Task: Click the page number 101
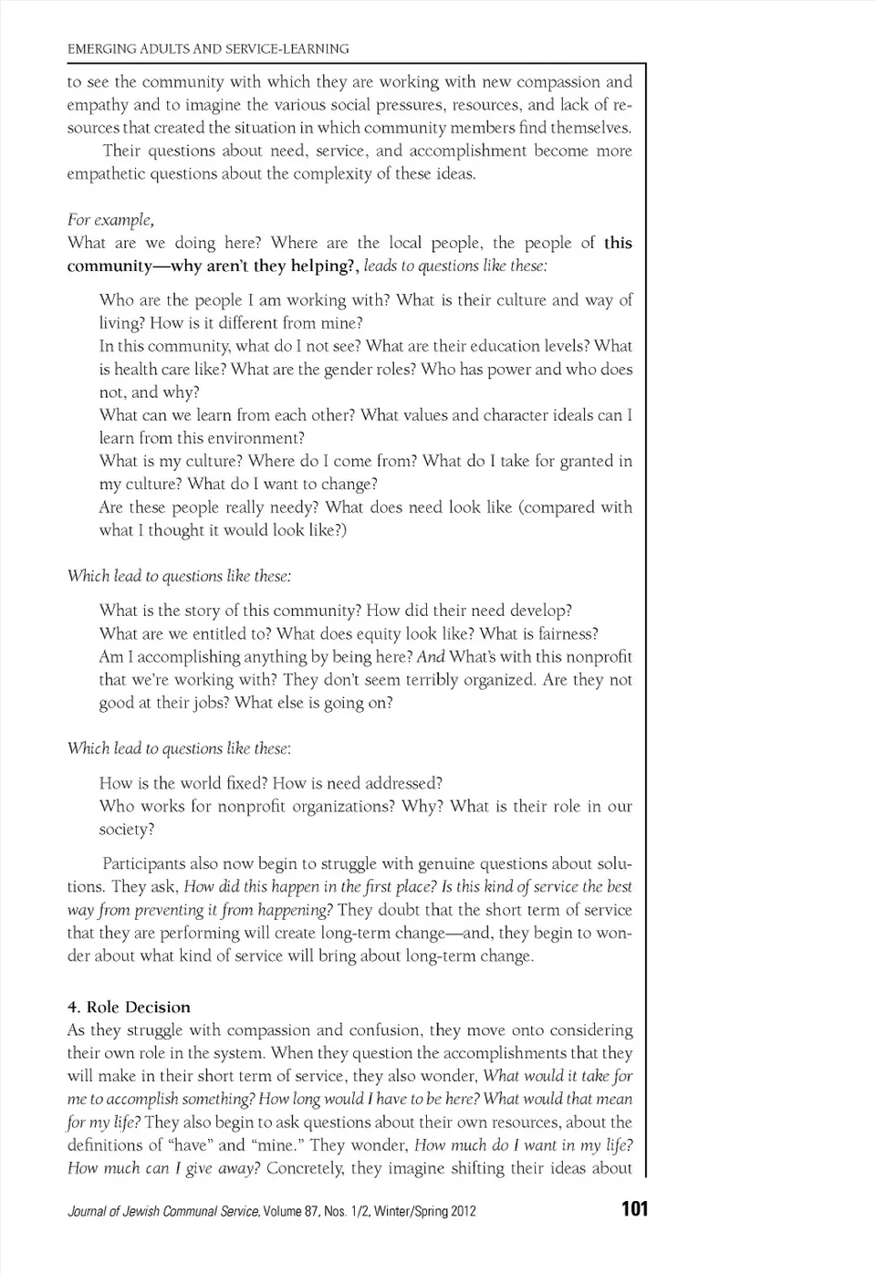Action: tap(634, 1208)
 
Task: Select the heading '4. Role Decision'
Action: tap(129, 1007)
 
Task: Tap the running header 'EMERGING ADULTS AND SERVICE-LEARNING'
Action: tap(208, 48)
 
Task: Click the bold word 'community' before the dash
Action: tap(109, 266)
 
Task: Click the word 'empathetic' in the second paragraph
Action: tap(104, 173)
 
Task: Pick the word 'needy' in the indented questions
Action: tap(290, 506)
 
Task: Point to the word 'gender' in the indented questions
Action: tap(370, 369)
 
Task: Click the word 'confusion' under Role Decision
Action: tap(387, 1029)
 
